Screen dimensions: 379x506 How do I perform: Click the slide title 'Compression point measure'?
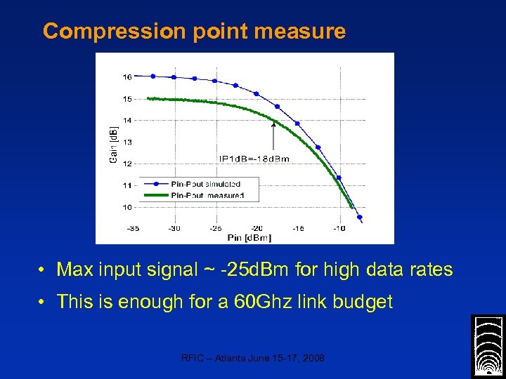click(194, 32)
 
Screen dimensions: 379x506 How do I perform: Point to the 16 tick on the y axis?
click(127, 77)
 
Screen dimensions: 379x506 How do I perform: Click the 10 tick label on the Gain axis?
click(127, 207)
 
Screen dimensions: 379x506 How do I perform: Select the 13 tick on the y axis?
click(127, 142)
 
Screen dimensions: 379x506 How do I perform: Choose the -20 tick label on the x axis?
click(257, 228)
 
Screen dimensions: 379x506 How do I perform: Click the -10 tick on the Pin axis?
click(339, 228)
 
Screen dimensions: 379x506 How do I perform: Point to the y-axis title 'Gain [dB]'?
click(112, 144)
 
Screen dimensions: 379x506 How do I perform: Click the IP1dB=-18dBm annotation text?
click(254, 159)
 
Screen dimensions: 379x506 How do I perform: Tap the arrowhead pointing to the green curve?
click(273, 125)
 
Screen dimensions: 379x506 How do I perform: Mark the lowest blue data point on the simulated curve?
click(360, 218)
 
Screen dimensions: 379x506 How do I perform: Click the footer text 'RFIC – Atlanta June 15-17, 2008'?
click(253, 358)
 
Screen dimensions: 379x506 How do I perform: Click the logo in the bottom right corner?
click(488, 346)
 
